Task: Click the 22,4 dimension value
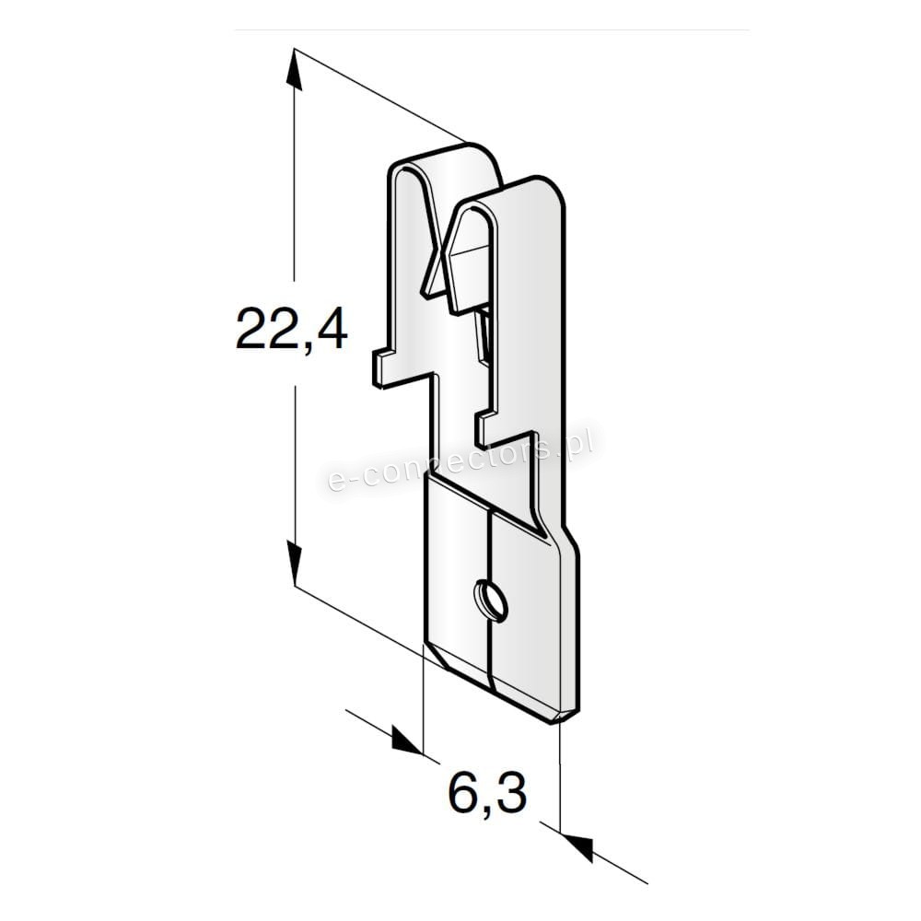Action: [x=292, y=330]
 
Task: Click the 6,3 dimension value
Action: [x=487, y=792]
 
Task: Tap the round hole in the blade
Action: [x=491, y=600]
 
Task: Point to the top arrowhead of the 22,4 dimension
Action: [x=295, y=70]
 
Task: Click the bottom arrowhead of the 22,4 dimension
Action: [x=295, y=564]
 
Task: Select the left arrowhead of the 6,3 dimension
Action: [x=406, y=740]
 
